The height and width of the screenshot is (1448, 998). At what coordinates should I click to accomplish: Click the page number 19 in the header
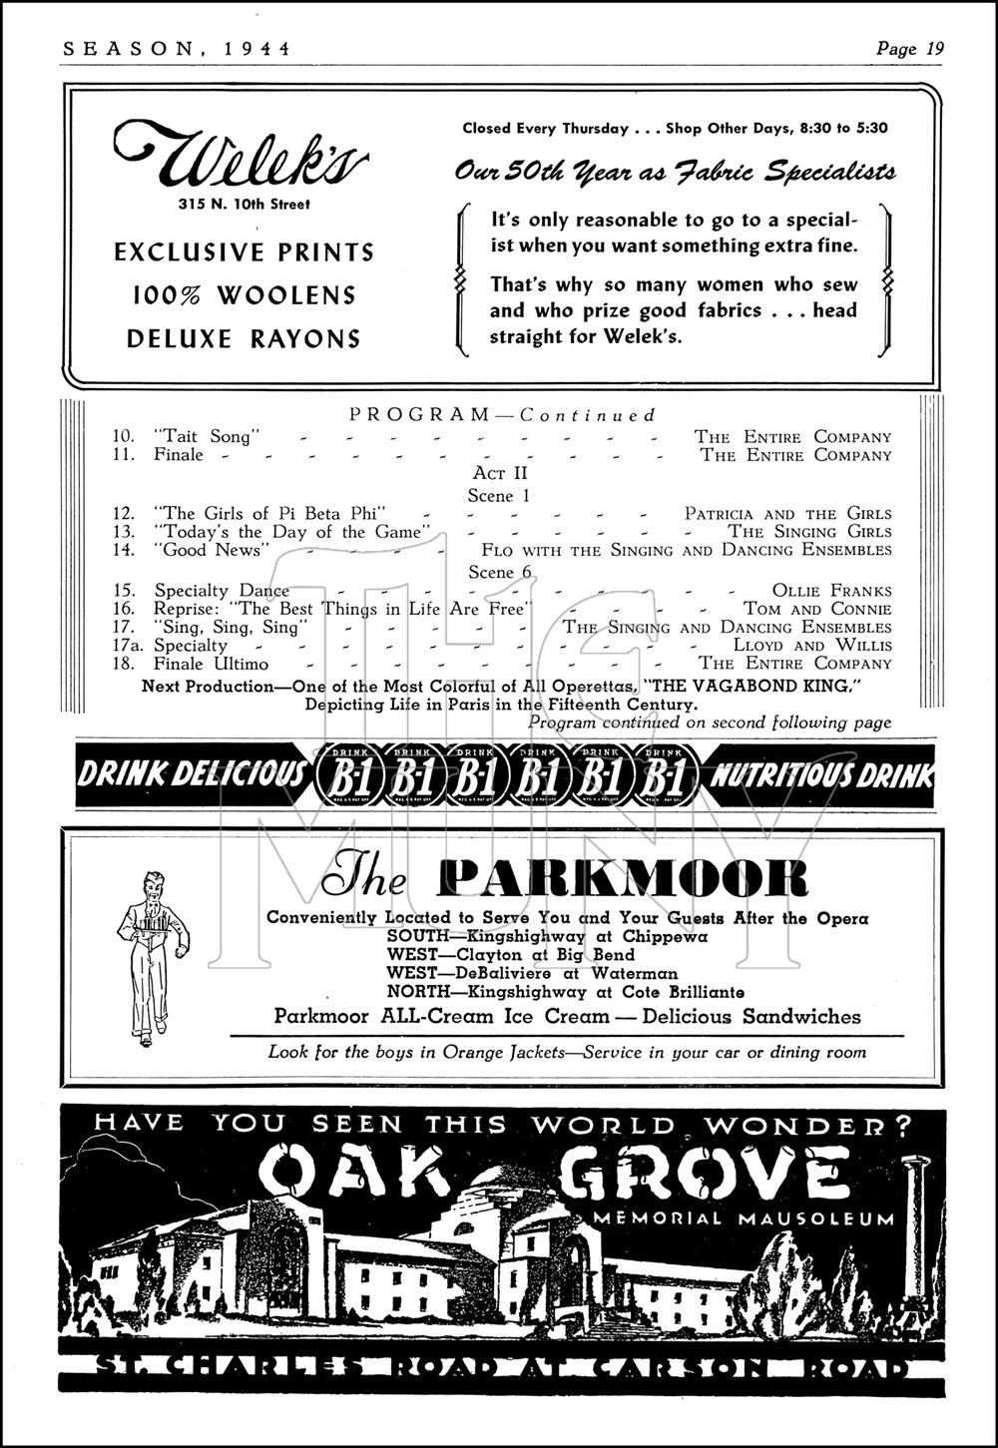coord(934,48)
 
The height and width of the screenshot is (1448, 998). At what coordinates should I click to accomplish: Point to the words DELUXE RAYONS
coord(244,339)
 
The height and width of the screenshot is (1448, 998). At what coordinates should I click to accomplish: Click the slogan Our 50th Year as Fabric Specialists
coord(675,172)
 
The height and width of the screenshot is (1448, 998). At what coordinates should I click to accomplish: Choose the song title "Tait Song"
coord(208,436)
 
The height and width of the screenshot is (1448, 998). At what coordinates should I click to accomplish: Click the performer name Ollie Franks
coord(831,591)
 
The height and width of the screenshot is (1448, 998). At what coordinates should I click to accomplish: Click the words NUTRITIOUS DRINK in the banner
coord(821,774)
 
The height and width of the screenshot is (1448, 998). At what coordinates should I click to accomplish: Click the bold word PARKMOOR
coord(622,878)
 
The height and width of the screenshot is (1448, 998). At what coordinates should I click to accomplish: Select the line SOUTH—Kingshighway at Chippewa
coord(547,937)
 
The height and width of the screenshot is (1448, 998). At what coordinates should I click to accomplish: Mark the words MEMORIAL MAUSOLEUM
coord(743,1217)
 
